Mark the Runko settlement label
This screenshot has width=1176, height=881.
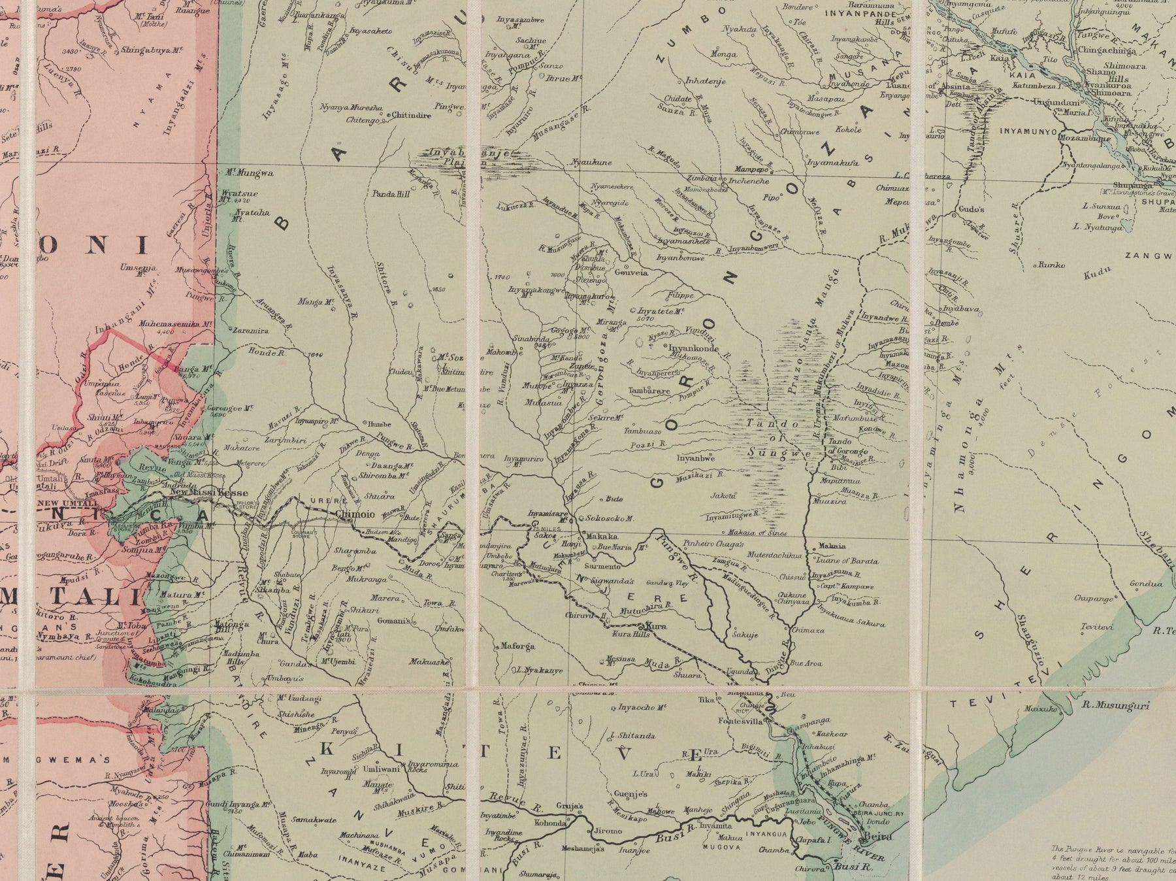pyautogui.click(x=1054, y=265)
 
